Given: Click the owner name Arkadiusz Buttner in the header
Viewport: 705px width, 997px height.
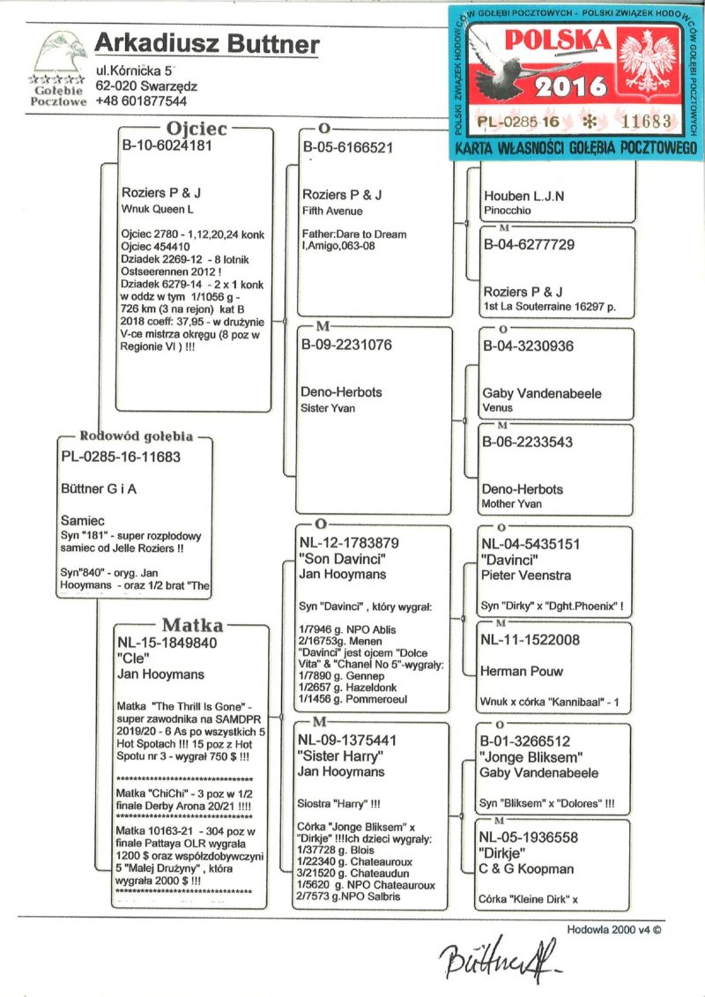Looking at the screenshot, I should (x=207, y=44).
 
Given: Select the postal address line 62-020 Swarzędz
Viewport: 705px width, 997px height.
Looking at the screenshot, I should (x=146, y=86).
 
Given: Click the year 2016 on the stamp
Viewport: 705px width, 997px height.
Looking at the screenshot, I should (x=571, y=86).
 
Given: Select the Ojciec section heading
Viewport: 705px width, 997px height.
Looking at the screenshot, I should (x=197, y=130).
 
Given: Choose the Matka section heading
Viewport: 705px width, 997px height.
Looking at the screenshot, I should (x=192, y=625).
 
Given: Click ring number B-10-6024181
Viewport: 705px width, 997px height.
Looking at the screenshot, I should (x=167, y=147).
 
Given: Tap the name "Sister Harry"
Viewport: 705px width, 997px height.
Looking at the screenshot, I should (x=340, y=757).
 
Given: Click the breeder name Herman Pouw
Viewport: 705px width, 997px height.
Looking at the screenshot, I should (x=522, y=671).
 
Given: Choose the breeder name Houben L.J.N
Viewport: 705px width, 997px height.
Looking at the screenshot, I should (x=523, y=196).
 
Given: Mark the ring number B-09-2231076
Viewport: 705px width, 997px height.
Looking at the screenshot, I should (x=347, y=346).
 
